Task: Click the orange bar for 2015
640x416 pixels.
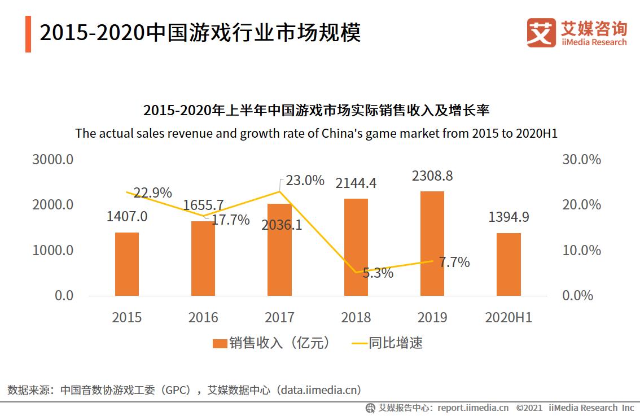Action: (127, 264)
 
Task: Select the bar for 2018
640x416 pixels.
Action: (356, 247)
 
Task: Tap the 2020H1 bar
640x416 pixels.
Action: (509, 264)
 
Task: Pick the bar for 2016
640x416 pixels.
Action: (203, 259)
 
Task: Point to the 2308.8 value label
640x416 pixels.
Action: (432, 176)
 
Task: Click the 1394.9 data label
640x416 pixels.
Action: (509, 217)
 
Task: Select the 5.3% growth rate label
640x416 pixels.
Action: (378, 273)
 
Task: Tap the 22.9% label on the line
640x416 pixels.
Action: (152, 193)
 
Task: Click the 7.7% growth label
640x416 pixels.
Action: (454, 262)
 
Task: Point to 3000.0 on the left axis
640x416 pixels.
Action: (53, 160)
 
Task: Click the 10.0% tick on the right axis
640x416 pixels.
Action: (581, 250)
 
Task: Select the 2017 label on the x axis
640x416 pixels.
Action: (279, 317)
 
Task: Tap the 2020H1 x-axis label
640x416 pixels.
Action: (509, 317)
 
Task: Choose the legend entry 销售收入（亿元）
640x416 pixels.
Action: (271, 343)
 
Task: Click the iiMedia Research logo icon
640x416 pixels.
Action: (541, 32)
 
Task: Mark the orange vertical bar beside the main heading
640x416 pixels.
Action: (28, 34)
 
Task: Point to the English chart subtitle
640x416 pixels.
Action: (316, 134)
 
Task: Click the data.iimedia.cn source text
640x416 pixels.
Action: (321, 389)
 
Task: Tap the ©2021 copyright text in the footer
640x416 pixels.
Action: (529, 408)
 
